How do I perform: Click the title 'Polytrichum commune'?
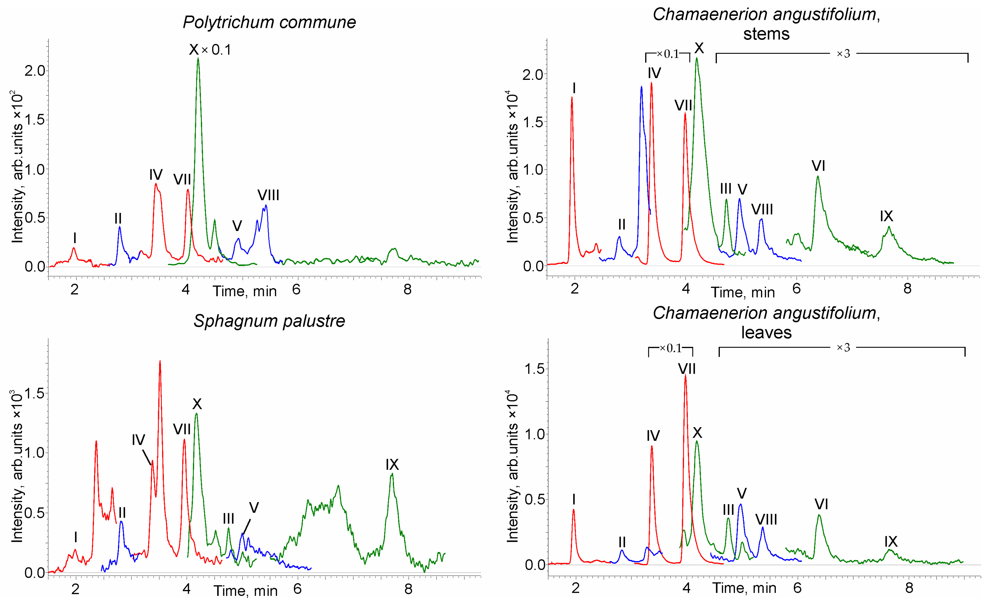tap(269, 22)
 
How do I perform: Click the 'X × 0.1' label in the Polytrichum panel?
tap(210, 50)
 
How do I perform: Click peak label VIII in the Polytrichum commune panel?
tap(268, 195)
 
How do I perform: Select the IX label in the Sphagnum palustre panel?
tap(392, 465)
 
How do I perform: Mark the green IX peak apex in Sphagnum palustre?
tap(392, 474)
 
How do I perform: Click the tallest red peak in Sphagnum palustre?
tap(160, 362)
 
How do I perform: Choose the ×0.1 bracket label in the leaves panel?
tap(671, 348)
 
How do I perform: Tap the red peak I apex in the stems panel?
tap(572, 98)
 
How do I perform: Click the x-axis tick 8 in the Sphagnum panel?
tap(408, 589)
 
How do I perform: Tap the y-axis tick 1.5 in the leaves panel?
tap(535, 369)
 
